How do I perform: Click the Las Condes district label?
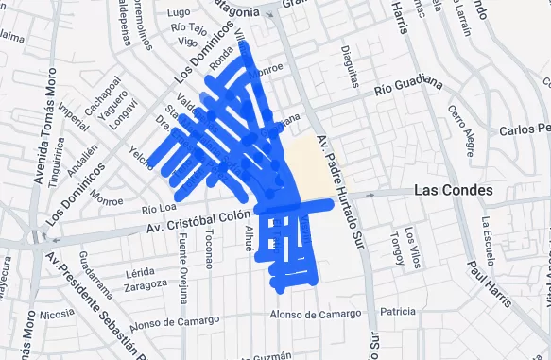click(453, 191)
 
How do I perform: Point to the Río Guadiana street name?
click(408, 86)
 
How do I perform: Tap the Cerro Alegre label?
click(462, 127)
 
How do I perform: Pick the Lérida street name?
click(140, 271)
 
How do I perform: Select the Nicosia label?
click(57, 314)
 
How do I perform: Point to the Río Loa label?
click(158, 208)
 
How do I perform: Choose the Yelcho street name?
click(143, 158)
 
